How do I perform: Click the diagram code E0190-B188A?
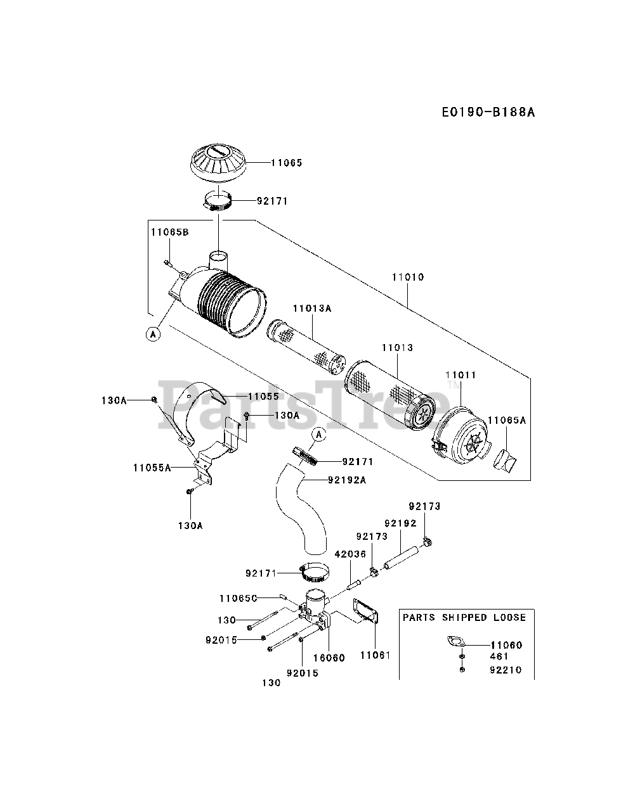[x=488, y=112]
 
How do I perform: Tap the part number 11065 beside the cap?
[x=287, y=163]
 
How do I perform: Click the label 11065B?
[x=170, y=232]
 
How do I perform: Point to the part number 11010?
[x=408, y=277]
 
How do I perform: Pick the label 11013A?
[x=312, y=308]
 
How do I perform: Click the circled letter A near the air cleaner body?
[x=153, y=335]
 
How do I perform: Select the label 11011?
[x=461, y=374]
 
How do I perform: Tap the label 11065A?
[x=507, y=420]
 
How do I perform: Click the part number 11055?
[x=263, y=397]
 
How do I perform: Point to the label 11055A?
[x=152, y=468]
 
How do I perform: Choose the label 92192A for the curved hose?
[x=347, y=480]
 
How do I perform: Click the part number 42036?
[x=350, y=554]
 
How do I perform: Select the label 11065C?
[x=239, y=598]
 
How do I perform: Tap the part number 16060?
[x=329, y=658]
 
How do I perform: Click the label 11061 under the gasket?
[x=376, y=655]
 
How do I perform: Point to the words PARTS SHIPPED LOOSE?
[x=464, y=617]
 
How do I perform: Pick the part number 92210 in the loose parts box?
[x=506, y=670]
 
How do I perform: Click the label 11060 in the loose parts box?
[x=506, y=645]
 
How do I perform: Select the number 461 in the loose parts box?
[x=499, y=656]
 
